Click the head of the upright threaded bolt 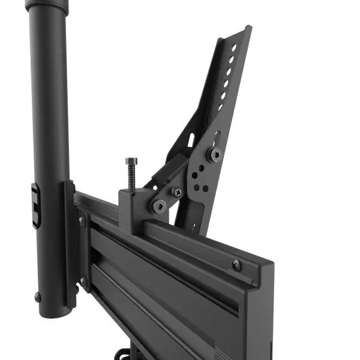pos(131,161)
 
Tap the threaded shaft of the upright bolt pos(131,177)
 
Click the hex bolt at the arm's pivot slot pos(213,154)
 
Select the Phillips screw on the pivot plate pos(177,192)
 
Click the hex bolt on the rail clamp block pos(159,206)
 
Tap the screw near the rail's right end pos(237,264)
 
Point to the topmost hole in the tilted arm pos(234,47)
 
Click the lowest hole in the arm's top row pos(220,107)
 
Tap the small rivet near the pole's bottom pos(38,296)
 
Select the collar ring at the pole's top pos(47,6)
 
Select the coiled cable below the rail pos(123,354)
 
